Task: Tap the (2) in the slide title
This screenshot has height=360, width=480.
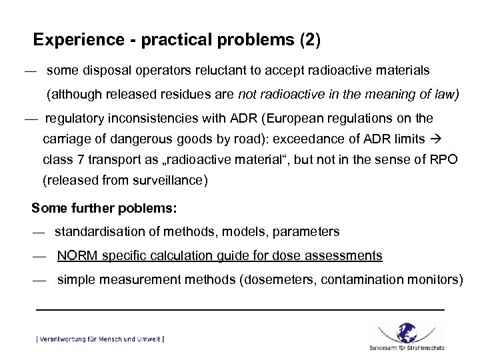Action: click(x=311, y=41)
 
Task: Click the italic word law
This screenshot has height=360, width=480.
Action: click(x=446, y=94)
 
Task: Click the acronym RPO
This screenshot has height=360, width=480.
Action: click(x=443, y=161)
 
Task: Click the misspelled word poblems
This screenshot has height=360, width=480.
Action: click(x=149, y=209)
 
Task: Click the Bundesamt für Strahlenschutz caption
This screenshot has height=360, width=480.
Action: click(x=407, y=348)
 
